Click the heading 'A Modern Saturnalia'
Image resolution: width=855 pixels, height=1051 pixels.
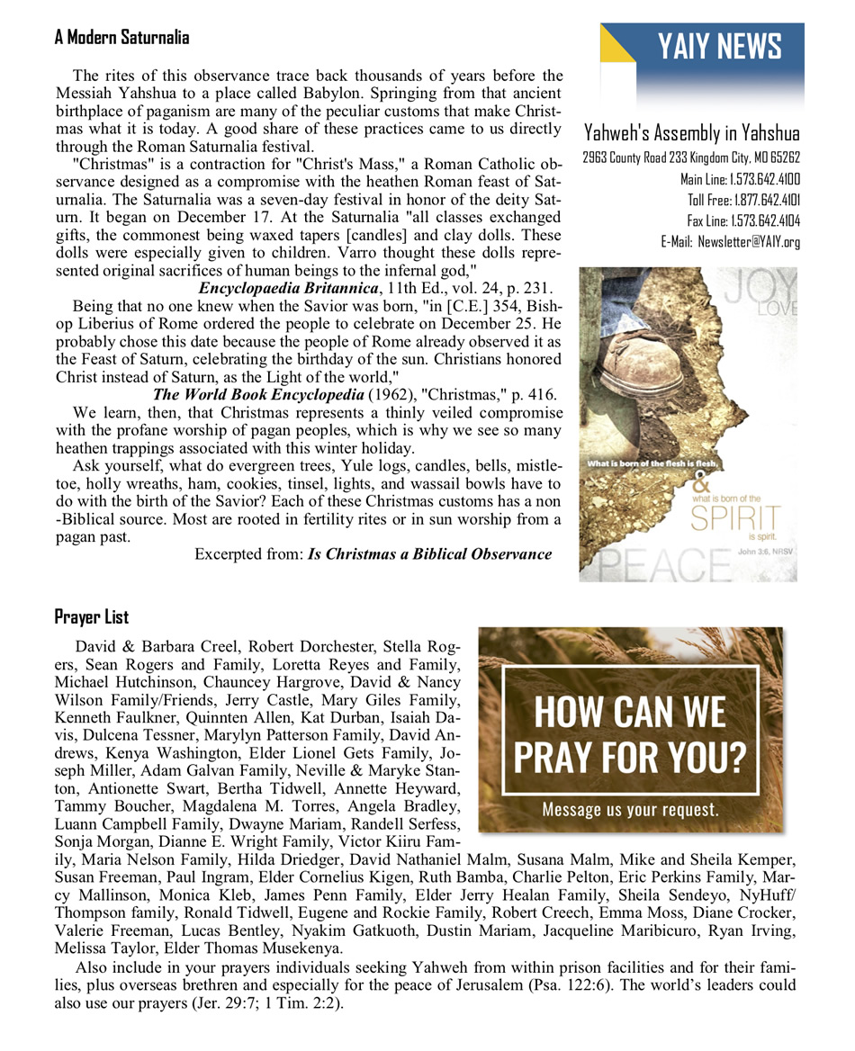tap(121, 37)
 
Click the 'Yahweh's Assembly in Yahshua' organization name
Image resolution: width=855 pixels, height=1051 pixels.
tap(691, 134)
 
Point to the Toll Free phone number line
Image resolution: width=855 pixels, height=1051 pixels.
tap(743, 199)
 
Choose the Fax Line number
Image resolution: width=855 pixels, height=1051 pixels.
tap(743, 220)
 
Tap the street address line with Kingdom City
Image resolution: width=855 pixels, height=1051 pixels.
tap(691, 157)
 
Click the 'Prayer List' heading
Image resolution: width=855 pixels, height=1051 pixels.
tap(91, 616)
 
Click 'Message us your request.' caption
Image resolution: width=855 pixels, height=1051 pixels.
tap(630, 809)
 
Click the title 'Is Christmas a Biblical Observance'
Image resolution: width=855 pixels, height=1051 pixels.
tap(429, 553)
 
